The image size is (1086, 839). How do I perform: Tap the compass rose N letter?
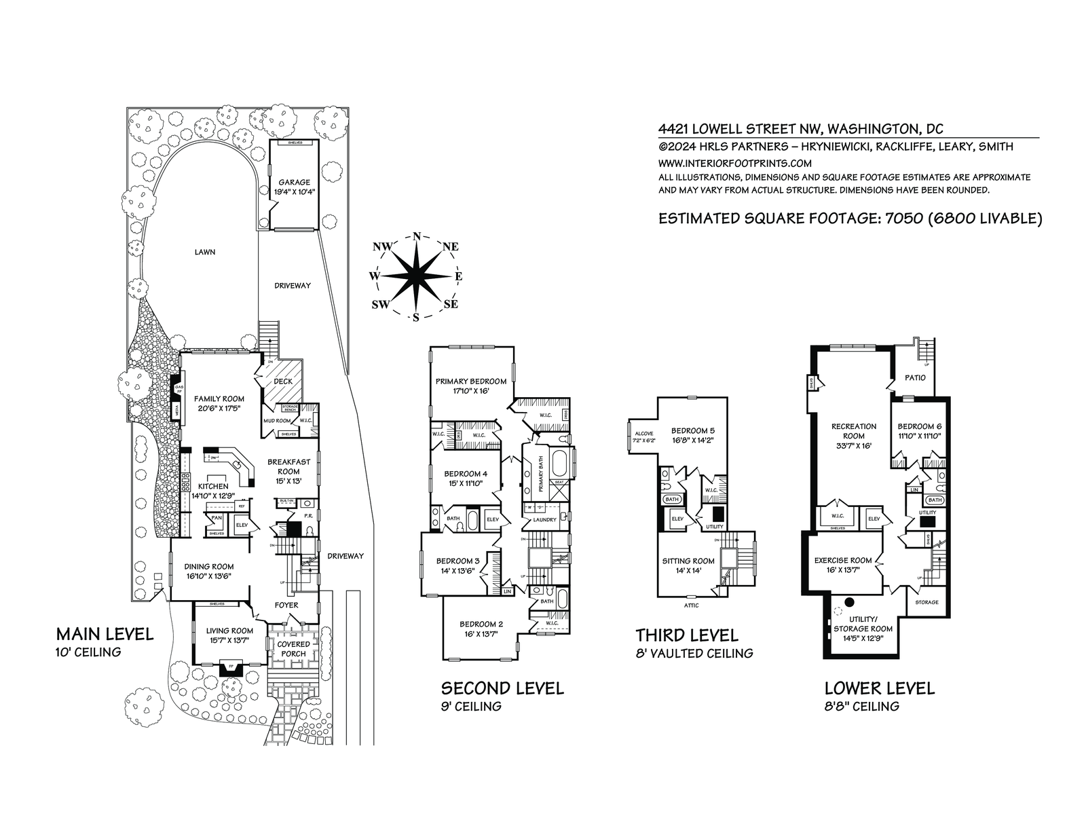416,236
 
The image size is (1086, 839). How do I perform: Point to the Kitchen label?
213,487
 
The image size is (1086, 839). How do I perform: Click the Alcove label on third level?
643,433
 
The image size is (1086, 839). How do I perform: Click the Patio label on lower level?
915,377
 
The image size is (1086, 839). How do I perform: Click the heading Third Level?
686,635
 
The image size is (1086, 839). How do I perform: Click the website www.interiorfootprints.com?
735,163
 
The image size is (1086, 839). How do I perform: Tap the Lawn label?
205,252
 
